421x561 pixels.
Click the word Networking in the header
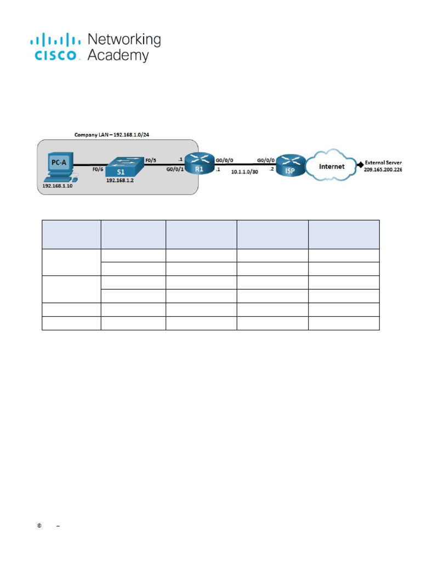coord(124,40)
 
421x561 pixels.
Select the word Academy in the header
coord(118,56)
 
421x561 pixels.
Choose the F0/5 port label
coord(151,161)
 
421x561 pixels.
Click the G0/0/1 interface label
coord(174,170)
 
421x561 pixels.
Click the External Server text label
coord(383,163)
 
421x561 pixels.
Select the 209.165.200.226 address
coord(383,170)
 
